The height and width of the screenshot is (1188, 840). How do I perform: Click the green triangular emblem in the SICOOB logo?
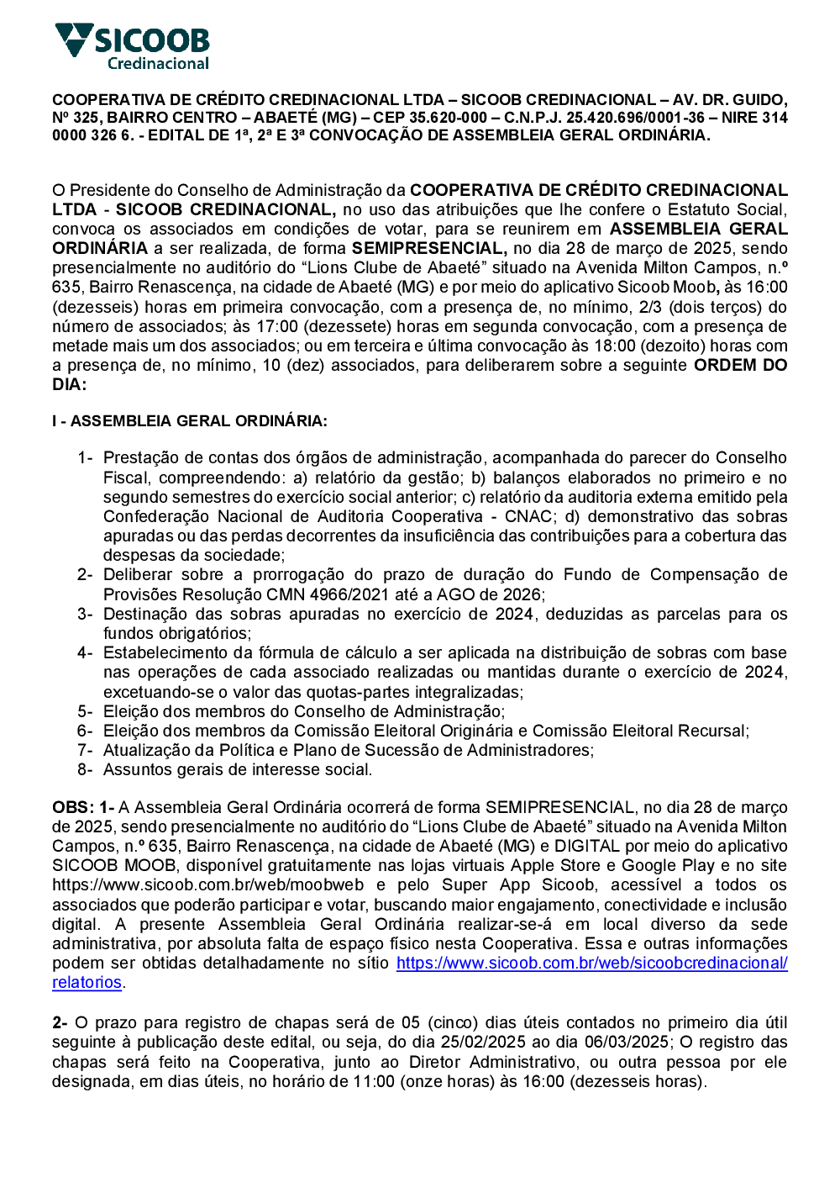[x=73, y=38]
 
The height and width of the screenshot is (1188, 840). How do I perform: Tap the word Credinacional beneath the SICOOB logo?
[x=158, y=64]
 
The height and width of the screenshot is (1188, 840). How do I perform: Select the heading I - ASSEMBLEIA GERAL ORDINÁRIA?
[x=190, y=421]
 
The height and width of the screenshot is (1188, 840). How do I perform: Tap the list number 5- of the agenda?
[x=85, y=712]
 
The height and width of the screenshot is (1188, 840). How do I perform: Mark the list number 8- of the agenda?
[x=85, y=770]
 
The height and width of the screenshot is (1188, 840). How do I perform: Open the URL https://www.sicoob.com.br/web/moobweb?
[x=207, y=885]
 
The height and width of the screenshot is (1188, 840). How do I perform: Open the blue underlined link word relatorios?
[x=87, y=983]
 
